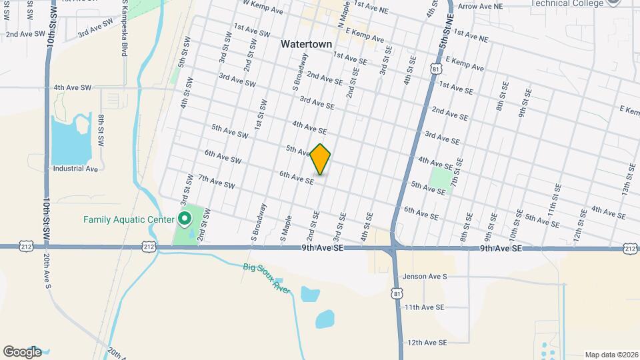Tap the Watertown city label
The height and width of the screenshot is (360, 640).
tap(306, 44)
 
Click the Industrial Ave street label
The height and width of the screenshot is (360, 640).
tap(75, 169)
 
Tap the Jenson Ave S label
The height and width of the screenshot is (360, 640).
tap(425, 276)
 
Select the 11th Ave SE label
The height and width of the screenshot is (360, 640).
tap(424, 307)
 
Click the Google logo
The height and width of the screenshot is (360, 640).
tap(22, 352)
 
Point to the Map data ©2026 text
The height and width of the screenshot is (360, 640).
tap(611, 355)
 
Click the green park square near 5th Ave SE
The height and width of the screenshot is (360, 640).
tap(440, 179)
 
